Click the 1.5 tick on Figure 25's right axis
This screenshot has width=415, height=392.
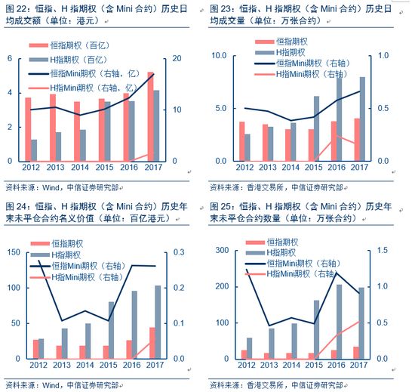(x=383, y=250)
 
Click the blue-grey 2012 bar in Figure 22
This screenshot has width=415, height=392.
(x=35, y=150)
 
